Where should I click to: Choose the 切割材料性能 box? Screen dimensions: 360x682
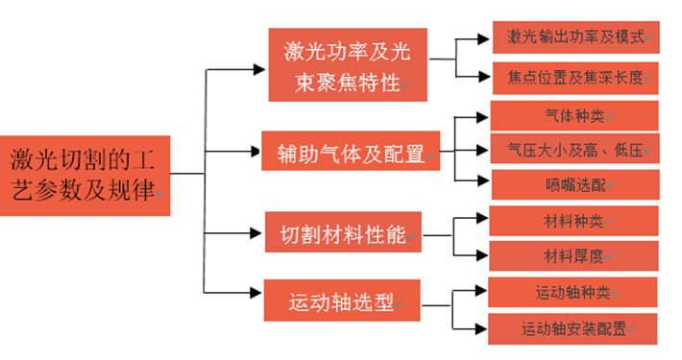(343, 233)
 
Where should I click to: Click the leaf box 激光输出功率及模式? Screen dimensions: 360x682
(574, 38)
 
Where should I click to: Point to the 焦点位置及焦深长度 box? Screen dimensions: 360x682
(574, 76)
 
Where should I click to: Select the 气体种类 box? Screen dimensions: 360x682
(574, 115)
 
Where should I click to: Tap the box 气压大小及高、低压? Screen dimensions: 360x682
(574, 149)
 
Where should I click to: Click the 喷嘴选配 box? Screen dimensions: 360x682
(574, 183)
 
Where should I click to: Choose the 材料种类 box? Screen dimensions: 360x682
(574, 221)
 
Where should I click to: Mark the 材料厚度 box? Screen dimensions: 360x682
(574, 255)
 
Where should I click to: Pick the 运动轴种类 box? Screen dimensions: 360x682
(574, 292)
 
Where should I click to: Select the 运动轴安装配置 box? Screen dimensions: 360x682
(574, 327)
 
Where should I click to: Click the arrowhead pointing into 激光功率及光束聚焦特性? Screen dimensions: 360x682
(262, 68)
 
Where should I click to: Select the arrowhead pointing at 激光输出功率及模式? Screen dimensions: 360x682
(485, 39)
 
